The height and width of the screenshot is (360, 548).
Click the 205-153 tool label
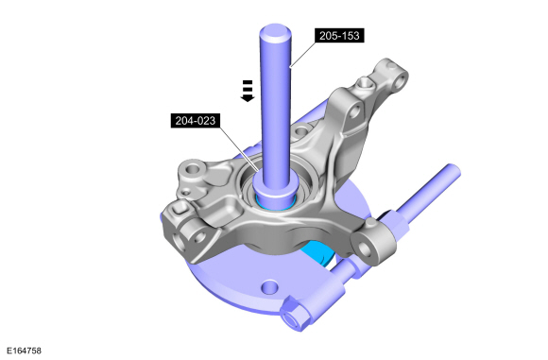[x=339, y=35]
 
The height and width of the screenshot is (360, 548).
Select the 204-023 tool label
[x=195, y=121]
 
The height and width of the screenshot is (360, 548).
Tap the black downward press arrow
[x=248, y=91]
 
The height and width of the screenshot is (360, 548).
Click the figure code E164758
[x=24, y=351]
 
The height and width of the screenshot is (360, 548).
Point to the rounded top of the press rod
[x=275, y=31]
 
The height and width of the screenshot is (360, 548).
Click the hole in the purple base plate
[x=270, y=287]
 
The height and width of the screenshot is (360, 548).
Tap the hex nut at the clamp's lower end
[x=296, y=314]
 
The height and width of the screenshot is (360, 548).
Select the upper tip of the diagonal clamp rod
[x=452, y=170]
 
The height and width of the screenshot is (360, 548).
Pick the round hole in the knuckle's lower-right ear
[x=365, y=249]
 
